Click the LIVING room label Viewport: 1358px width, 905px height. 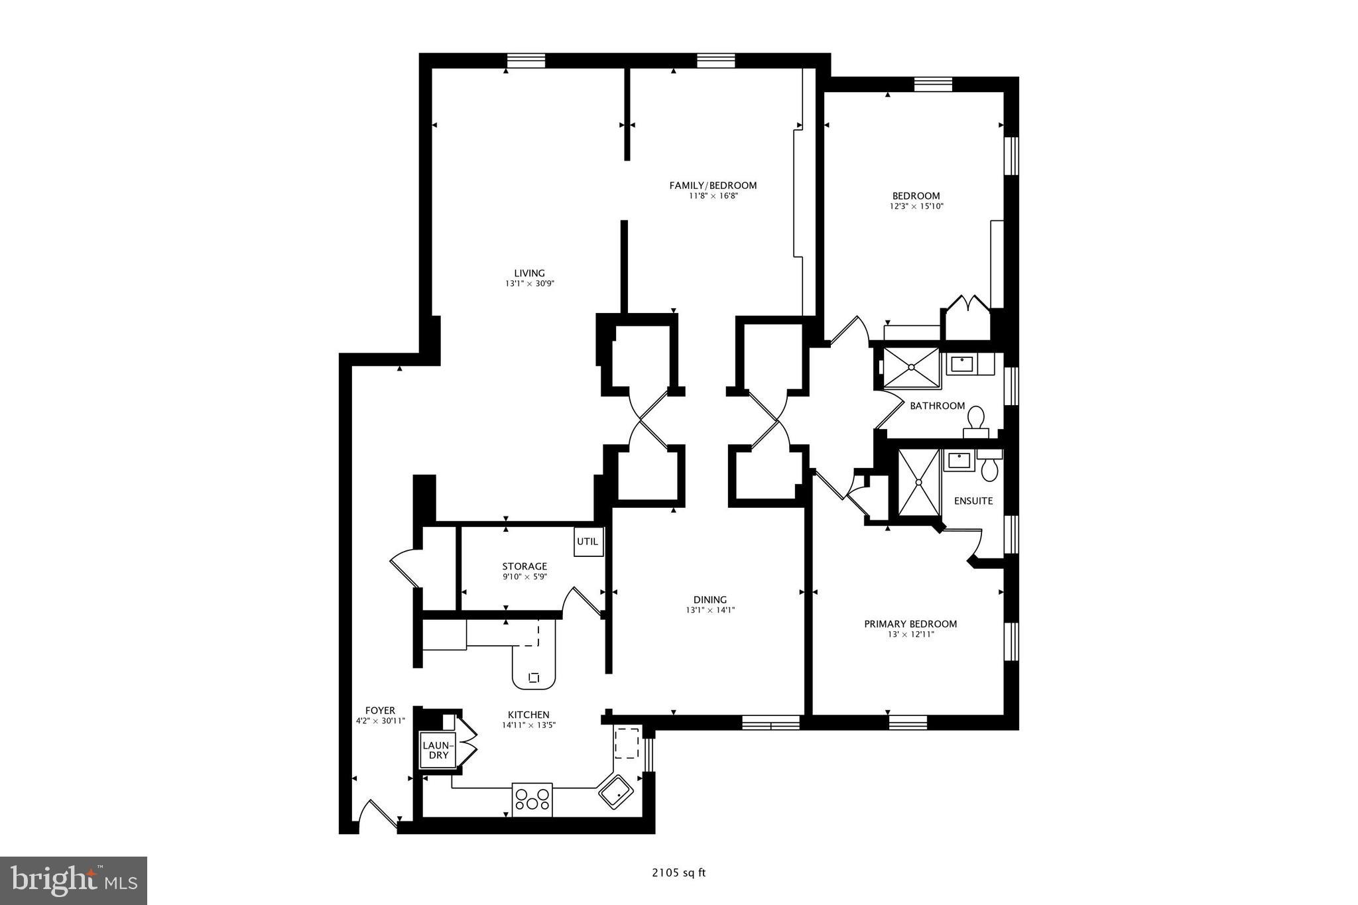tap(529, 273)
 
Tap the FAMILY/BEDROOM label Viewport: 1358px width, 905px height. tap(713, 186)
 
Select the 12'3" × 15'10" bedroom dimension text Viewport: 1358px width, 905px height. tap(916, 206)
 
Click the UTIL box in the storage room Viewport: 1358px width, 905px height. tap(587, 542)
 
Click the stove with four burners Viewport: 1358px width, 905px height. tap(532, 799)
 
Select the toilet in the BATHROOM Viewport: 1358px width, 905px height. tap(975, 421)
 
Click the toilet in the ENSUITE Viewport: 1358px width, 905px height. tap(989, 467)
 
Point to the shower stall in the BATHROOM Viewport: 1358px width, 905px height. tap(912, 367)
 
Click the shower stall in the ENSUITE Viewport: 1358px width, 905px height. tap(919, 483)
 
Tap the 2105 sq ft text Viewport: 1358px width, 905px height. tap(678, 873)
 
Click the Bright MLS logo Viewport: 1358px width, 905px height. tap(74, 880)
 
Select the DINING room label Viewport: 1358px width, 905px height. tap(710, 600)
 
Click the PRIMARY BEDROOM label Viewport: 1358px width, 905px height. tap(910, 624)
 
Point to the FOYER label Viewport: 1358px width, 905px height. tap(380, 711)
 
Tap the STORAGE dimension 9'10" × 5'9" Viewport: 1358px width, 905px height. tap(524, 577)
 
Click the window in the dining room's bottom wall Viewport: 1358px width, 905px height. tap(771, 722)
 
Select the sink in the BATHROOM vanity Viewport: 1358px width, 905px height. tap(961, 364)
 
